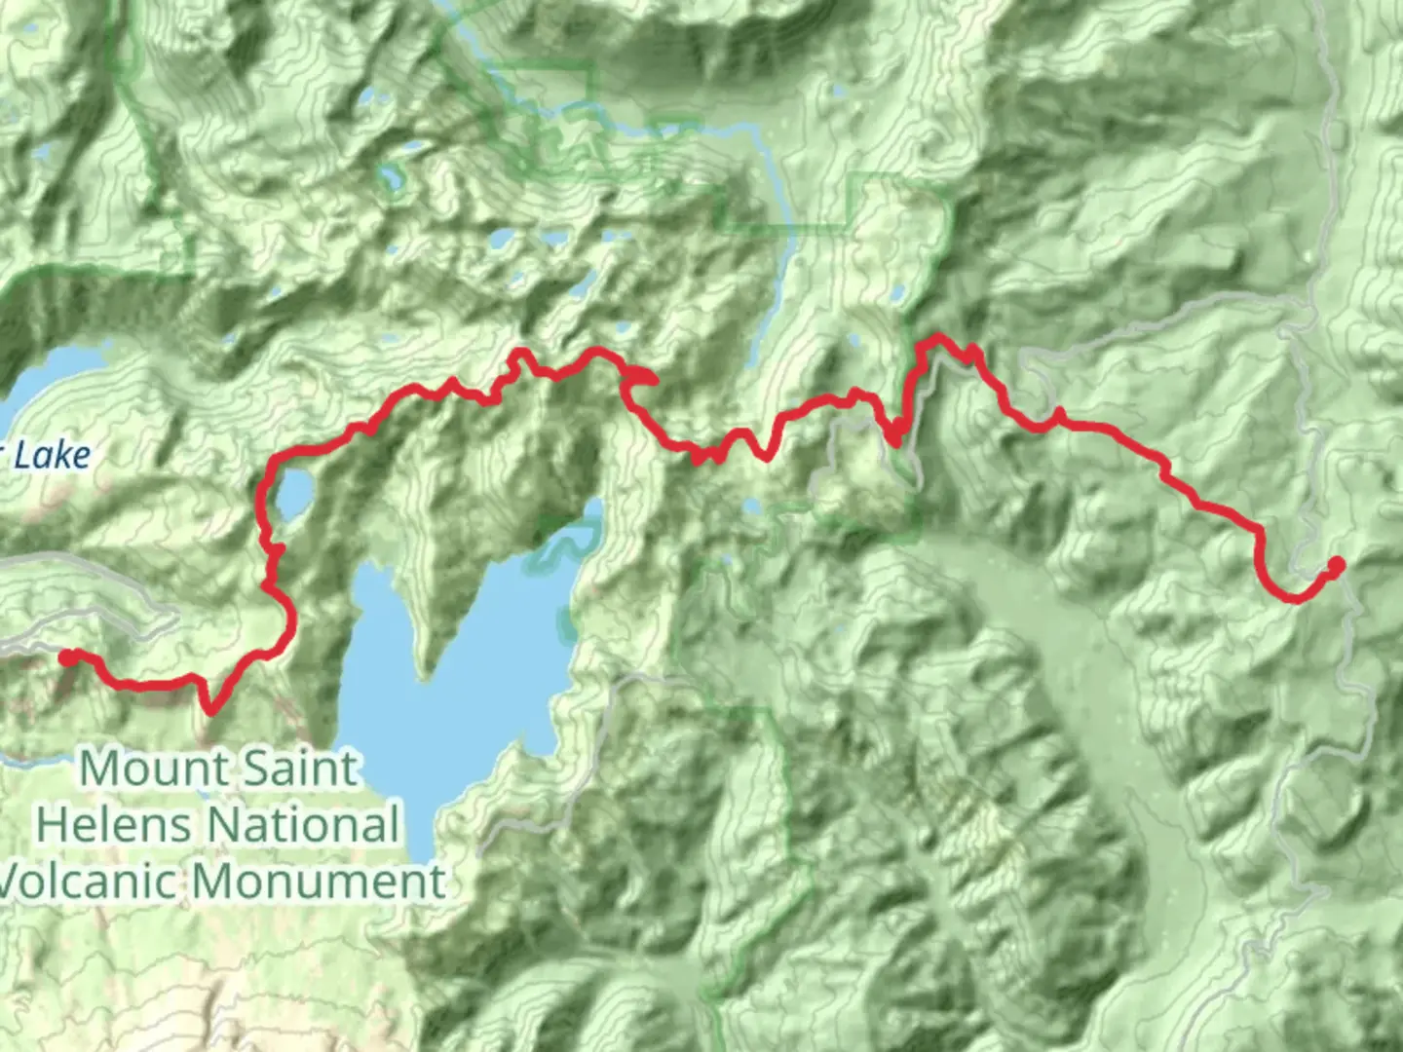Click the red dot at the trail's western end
67,657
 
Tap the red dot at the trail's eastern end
1337,564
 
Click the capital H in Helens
51,825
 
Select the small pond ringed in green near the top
392,176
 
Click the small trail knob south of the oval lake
276,552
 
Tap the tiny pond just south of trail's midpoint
752,506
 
